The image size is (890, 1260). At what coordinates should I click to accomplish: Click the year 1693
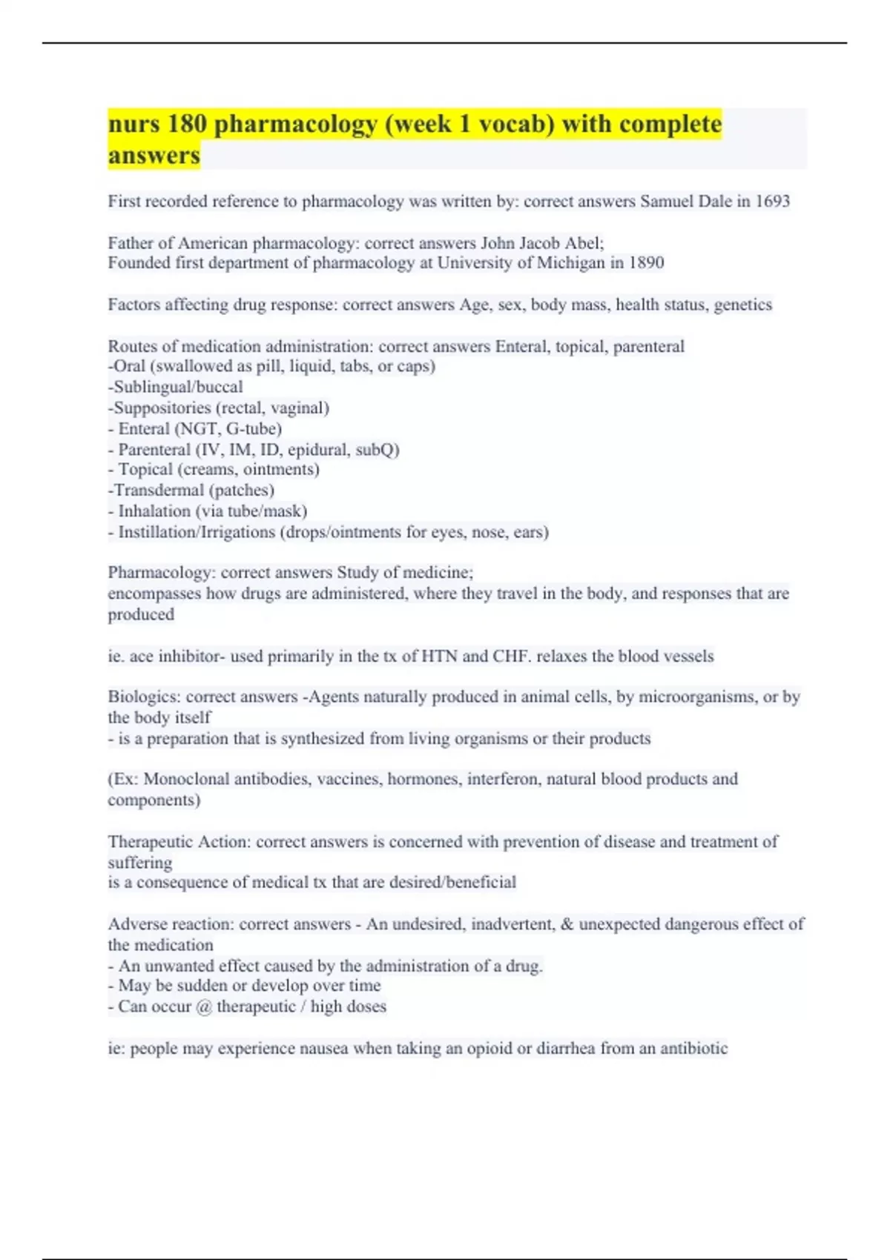(772, 202)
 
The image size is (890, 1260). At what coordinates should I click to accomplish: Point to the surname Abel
(586, 243)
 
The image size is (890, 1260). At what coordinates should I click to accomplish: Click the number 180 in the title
(187, 124)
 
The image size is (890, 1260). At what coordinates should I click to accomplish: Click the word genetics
(742, 305)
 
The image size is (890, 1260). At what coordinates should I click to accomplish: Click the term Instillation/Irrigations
(197, 532)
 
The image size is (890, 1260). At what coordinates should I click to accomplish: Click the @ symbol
(204, 1007)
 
